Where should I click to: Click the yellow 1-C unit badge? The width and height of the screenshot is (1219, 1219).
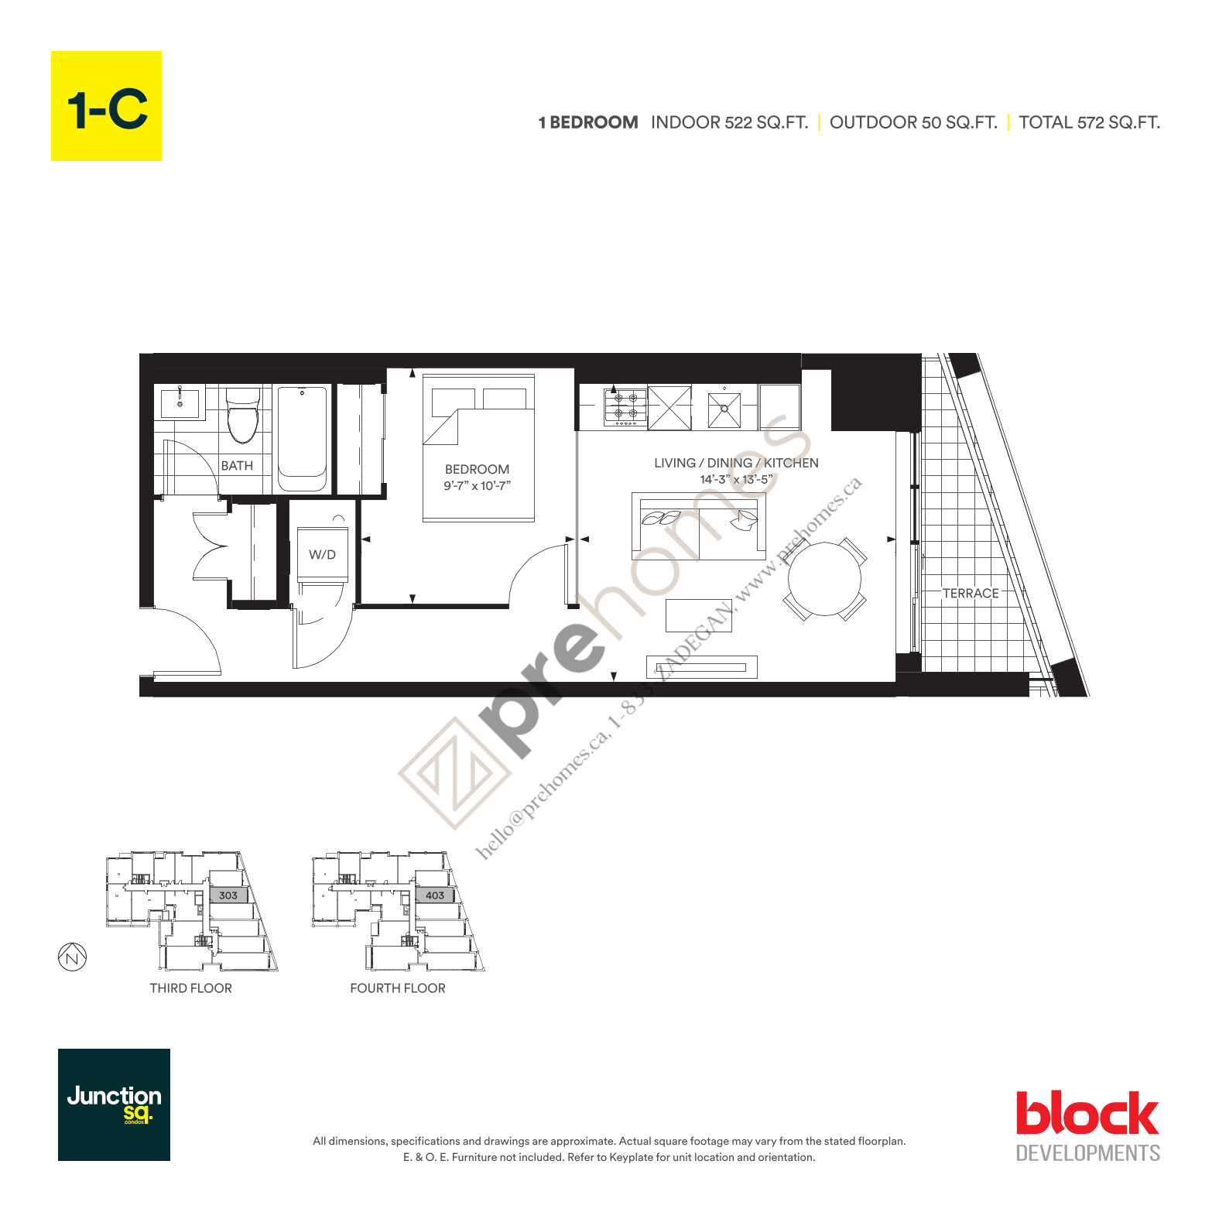(106, 106)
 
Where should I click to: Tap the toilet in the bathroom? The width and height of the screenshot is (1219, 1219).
(242, 416)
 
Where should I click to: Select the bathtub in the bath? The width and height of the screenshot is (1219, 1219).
(302, 438)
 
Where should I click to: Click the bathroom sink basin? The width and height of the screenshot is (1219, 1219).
(180, 403)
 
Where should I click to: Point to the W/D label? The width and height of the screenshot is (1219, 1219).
(322, 555)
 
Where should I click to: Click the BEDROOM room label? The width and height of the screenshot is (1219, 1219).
(477, 469)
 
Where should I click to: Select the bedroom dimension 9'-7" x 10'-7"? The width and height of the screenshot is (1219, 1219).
(477, 486)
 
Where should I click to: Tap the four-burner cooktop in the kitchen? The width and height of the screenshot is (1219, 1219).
(625, 407)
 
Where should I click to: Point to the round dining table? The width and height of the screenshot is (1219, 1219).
(824, 579)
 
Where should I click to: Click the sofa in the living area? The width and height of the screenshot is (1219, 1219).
(699, 526)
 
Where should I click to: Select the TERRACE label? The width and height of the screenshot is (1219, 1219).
(971, 594)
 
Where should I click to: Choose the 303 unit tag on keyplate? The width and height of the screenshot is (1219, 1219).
(228, 895)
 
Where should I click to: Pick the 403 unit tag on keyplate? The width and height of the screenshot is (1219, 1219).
(435, 895)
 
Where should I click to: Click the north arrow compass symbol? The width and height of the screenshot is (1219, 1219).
(73, 957)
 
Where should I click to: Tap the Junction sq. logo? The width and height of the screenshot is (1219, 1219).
(114, 1104)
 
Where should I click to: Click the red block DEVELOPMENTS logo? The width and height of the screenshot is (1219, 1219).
(1087, 1126)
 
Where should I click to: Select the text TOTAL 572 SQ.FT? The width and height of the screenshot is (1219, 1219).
(1089, 122)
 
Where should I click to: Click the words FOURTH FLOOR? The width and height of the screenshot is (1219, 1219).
(398, 988)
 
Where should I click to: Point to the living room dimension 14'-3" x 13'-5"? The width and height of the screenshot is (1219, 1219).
(736, 480)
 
